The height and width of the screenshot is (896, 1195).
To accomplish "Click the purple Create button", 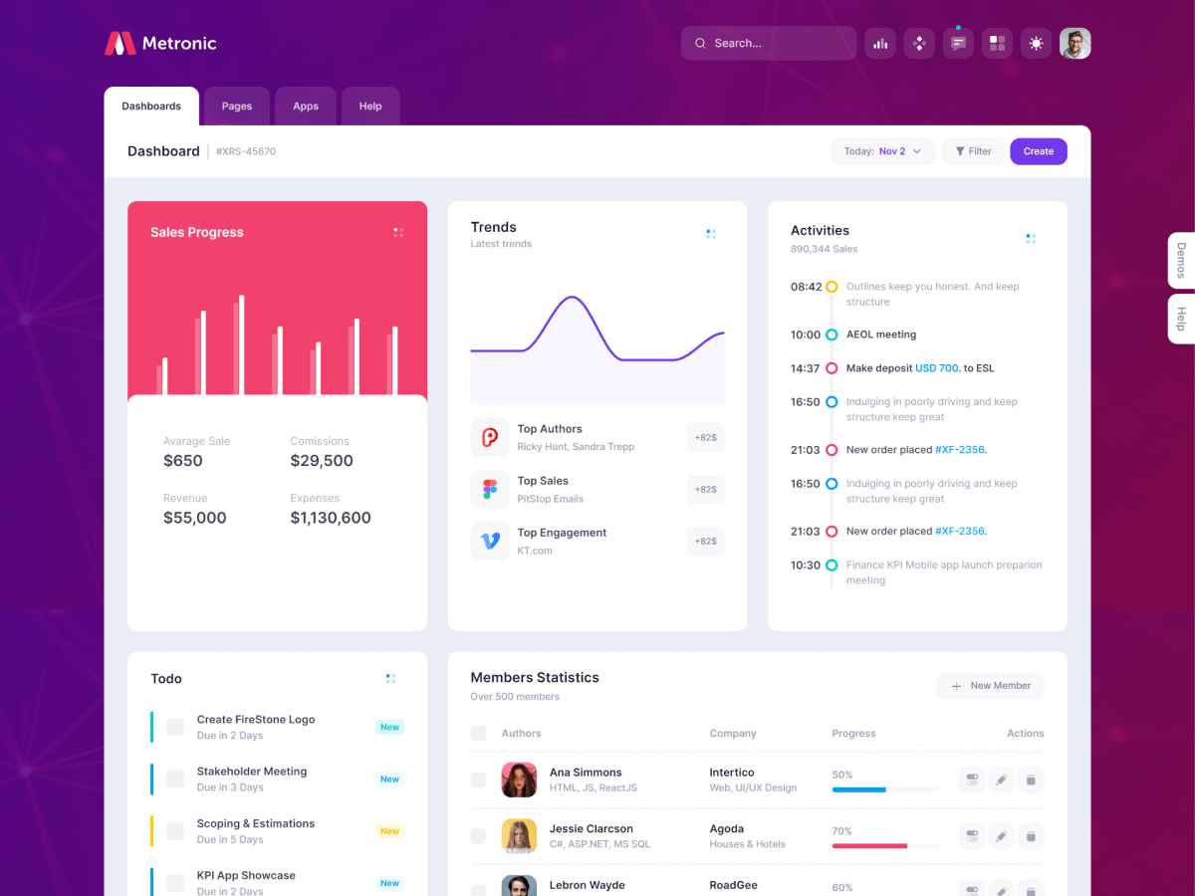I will pos(1038,151).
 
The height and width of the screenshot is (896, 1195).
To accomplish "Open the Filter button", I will pos(973,151).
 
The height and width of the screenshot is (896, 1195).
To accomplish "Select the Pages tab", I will pos(237,107).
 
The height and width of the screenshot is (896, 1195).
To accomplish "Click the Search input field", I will pos(769,43).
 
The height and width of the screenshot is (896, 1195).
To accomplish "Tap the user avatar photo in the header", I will pos(1075,43).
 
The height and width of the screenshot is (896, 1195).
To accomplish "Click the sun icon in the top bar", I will pos(1036,43).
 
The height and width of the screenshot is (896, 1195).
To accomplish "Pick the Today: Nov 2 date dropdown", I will pos(883,151).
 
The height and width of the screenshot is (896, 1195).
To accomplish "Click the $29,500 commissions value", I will pos(322,461).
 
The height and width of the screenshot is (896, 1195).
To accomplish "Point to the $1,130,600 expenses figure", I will pos(331,518).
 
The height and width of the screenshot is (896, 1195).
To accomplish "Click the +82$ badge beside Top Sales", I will pos(705,489).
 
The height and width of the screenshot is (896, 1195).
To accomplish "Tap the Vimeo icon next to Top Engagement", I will pos(490,541).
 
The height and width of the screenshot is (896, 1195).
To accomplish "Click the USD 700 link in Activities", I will pos(936,368).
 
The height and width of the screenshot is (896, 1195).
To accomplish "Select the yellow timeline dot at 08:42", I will pos(832,287).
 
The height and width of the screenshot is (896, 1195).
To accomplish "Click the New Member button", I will pos(990,686).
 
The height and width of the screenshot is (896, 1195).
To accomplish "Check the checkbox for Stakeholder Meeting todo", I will pos(175,779).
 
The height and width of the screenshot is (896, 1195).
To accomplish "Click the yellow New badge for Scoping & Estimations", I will pos(389,831).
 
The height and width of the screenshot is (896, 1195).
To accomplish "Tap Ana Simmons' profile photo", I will pos(519,780).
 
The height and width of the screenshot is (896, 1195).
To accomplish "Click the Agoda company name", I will pos(727,828).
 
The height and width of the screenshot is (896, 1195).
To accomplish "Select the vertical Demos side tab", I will pos(1181,260).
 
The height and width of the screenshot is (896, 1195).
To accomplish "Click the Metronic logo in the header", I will pos(160,43).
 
